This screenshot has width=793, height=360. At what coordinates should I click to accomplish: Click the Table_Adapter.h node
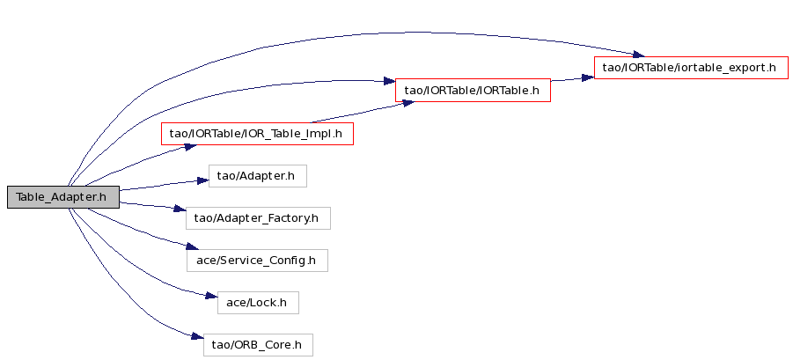tap(63, 196)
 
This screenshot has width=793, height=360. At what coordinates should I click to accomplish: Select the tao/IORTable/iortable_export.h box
tap(691, 68)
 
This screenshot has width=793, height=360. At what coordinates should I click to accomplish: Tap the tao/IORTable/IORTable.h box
tap(473, 91)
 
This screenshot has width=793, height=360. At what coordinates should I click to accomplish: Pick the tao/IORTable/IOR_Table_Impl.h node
tap(257, 134)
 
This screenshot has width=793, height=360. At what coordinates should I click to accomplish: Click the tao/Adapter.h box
tap(257, 176)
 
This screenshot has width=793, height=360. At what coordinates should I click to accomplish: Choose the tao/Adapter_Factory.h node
tap(259, 218)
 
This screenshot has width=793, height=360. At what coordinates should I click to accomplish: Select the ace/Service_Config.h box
tap(257, 261)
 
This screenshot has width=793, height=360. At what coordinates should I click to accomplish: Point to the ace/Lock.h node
tap(258, 303)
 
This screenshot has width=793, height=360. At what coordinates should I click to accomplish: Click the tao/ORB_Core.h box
tap(258, 345)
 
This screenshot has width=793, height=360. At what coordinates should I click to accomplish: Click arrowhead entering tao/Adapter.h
tap(203, 180)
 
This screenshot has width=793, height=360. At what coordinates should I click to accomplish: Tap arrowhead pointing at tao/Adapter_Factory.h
tap(180, 209)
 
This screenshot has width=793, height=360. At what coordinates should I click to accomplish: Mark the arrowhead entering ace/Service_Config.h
tap(192, 246)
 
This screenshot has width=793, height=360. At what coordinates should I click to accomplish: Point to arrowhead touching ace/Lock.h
tap(211, 296)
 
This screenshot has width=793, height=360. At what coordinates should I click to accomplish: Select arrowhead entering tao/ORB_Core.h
tap(197, 337)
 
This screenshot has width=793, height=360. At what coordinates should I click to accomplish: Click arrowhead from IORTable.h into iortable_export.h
tap(588, 77)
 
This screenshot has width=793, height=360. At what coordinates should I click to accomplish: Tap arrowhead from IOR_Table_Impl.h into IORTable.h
tap(408, 103)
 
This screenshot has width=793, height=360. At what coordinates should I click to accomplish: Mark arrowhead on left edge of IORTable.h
tap(389, 81)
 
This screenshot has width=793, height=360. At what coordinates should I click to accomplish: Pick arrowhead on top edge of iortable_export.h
tap(638, 55)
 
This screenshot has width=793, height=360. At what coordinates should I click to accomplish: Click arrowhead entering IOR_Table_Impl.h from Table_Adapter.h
tap(189, 146)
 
